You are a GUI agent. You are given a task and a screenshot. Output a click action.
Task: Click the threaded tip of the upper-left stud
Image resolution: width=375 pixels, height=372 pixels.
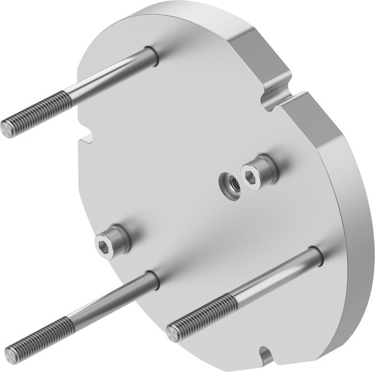tap(7, 129)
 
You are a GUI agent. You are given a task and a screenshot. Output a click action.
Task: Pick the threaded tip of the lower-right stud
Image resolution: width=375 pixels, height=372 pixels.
tap(173, 333)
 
